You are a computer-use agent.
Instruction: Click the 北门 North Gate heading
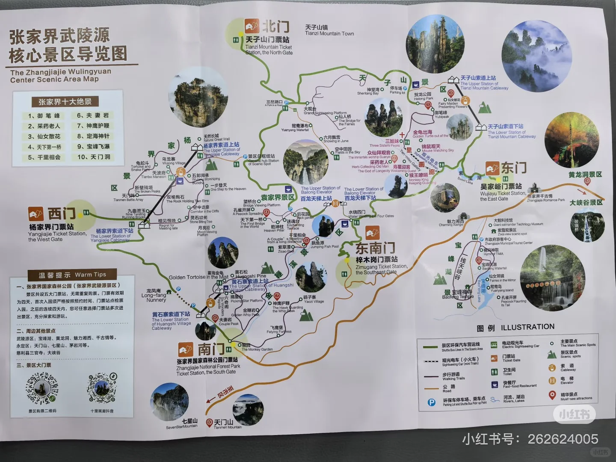pyautogui.click(x=275, y=27)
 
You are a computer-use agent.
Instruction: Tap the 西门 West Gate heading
pyautogui.click(x=61, y=213)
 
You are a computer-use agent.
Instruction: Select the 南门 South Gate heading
pyautogui.click(x=210, y=349)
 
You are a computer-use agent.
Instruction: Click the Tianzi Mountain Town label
pyautogui.click(x=329, y=31)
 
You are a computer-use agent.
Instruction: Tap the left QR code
pyautogui.click(x=42, y=389)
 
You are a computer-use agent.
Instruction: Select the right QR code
pyautogui.click(x=102, y=389)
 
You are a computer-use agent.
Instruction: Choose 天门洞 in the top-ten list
pyautogui.click(x=94, y=157)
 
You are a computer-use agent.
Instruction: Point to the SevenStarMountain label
pyautogui.click(x=182, y=424)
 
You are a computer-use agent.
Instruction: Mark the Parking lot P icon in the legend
pyautogui.click(x=432, y=402)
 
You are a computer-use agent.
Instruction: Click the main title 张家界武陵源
pyautogui.click(x=59, y=36)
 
